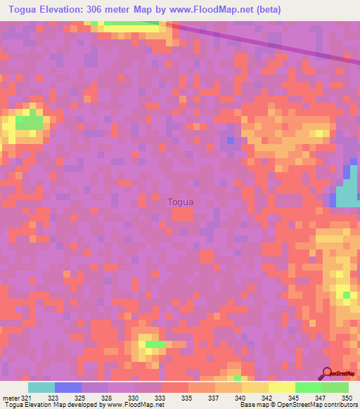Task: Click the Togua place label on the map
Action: (181, 202)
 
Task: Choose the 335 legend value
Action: (186, 398)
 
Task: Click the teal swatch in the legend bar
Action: (41, 387)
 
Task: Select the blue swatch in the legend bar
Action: (68, 387)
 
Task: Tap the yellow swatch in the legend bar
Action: (282, 387)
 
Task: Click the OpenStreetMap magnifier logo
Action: (326, 372)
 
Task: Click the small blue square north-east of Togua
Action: (231, 141)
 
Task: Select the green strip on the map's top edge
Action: (130, 24)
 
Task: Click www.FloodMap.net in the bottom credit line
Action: (134, 405)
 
